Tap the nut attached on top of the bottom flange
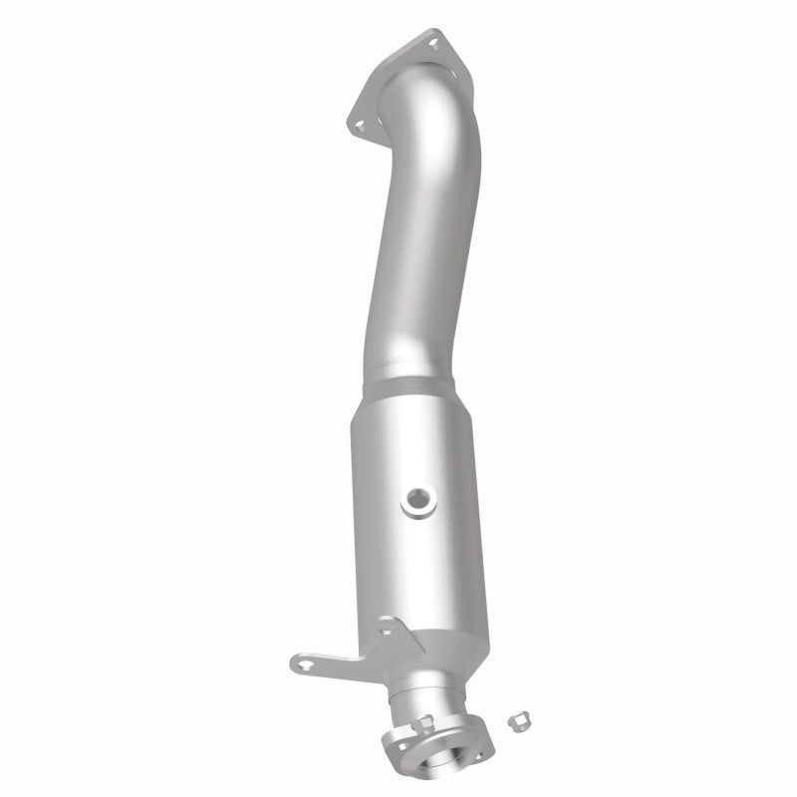(x=424, y=723)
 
